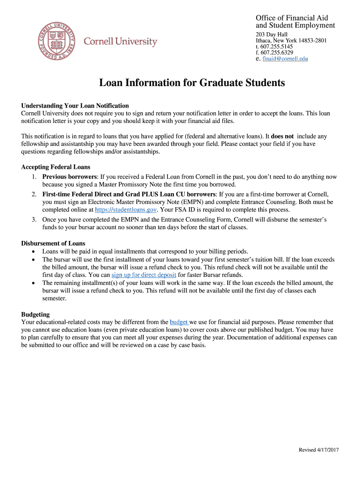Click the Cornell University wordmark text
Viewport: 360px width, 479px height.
click(x=120, y=42)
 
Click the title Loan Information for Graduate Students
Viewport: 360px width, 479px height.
click(x=192, y=83)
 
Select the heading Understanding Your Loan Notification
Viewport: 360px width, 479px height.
click(x=75, y=106)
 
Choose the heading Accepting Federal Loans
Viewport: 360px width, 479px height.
click(x=56, y=167)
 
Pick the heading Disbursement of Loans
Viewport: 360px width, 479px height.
click(x=53, y=243)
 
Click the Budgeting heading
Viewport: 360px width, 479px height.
click(x=36, y=314)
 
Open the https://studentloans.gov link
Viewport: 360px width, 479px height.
click(x=126, y=210)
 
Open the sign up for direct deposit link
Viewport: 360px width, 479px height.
click(x=144, y=275)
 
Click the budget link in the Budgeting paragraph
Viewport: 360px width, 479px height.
click(x=179, y=322)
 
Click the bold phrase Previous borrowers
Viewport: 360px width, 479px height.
click(x=70, y=177)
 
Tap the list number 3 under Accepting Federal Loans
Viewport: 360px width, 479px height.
click(x=34, y=219)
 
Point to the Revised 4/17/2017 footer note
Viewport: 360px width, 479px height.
click(x=318, y=450)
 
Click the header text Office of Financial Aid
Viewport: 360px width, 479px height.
click(x=292, y=18)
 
